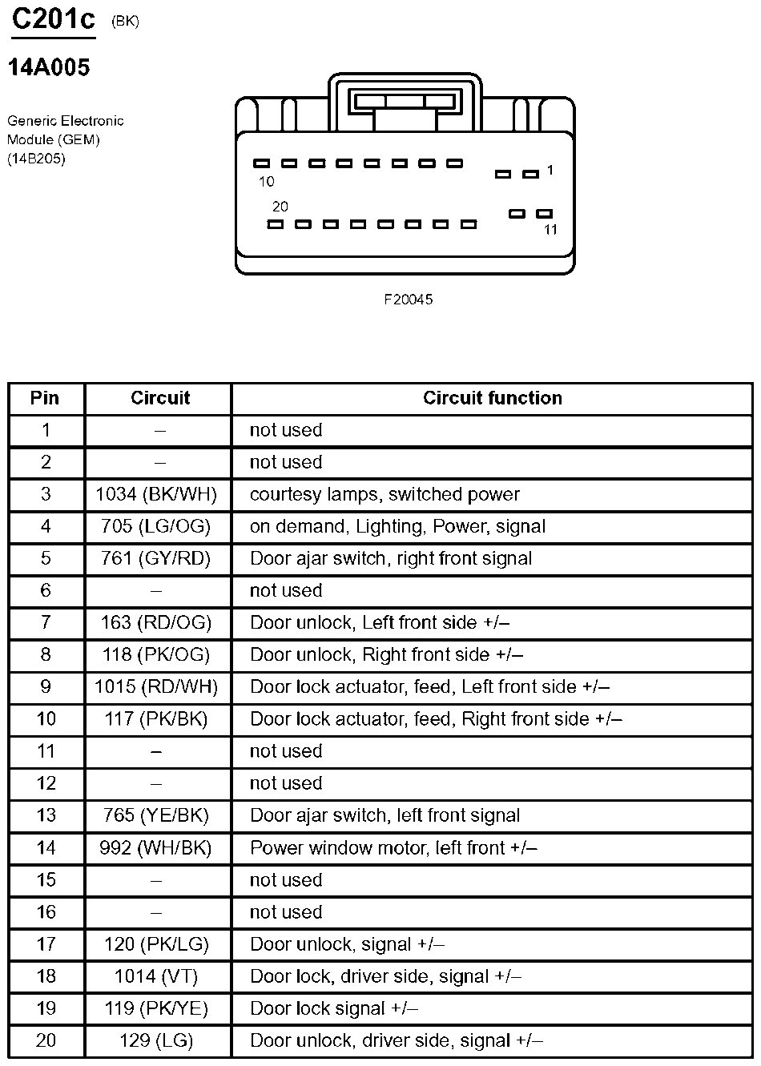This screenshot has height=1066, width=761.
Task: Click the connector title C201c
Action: coord(53,19)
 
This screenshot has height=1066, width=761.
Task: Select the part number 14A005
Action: coord(49,68)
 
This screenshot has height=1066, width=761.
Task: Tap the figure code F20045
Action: coord(408,300)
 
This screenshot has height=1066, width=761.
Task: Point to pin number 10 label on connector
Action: coord(266,182)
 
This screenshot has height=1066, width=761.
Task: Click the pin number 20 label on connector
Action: coord(280,207)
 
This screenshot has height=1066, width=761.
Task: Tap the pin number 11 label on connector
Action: coord(550,230)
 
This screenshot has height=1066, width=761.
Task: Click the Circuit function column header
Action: coord(492,398)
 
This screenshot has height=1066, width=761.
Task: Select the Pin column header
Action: coord(45,398)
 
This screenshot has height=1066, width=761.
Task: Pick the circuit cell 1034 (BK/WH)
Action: coord(156,494)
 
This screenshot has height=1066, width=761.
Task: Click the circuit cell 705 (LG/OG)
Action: coord(156,526)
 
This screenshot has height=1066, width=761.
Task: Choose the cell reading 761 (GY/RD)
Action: coord(156,558)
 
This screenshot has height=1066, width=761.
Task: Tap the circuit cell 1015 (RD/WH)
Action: coord(156,686)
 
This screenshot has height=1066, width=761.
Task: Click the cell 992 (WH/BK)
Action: coord(156,847)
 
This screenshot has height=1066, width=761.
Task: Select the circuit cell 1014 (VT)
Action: coord(156,976)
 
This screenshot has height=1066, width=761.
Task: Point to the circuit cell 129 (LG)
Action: coord(156,1040)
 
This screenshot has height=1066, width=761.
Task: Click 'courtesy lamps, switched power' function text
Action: coord(385,494)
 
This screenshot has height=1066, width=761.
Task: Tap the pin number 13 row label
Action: coord(46,815)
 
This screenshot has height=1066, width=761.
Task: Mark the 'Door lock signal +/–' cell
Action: coord(334,1008)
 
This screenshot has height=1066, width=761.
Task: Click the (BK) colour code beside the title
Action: coord(125,22)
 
